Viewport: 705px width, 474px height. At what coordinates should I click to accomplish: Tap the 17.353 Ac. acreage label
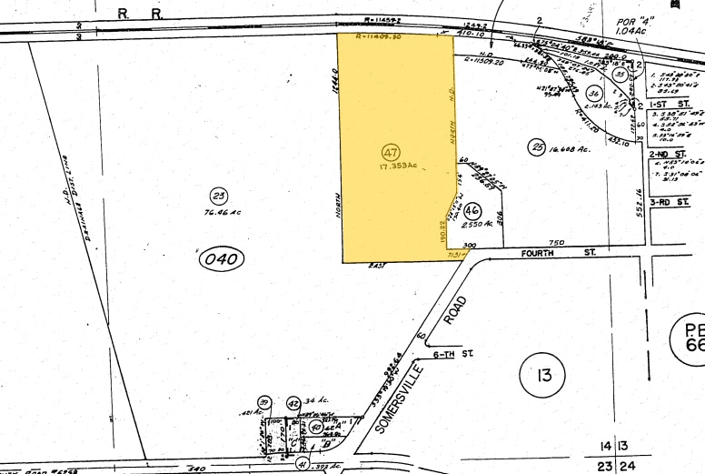point(393,166)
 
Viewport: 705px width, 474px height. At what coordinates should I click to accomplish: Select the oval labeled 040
point(220,259)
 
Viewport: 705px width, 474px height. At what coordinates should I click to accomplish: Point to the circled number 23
point(217,197)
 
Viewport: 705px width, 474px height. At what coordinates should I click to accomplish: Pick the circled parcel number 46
point(471,209)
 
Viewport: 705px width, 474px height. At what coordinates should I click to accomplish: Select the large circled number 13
point(543,374)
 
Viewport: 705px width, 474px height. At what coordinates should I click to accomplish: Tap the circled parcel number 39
point(264,402)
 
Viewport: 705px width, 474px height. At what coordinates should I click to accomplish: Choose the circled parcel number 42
point(293,403)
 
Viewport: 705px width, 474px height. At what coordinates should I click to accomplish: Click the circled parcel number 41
point(302,465)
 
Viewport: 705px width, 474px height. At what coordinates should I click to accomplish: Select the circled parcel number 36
point(594,94)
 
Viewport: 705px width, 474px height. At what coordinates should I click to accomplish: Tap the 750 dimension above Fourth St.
point(557,241)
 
